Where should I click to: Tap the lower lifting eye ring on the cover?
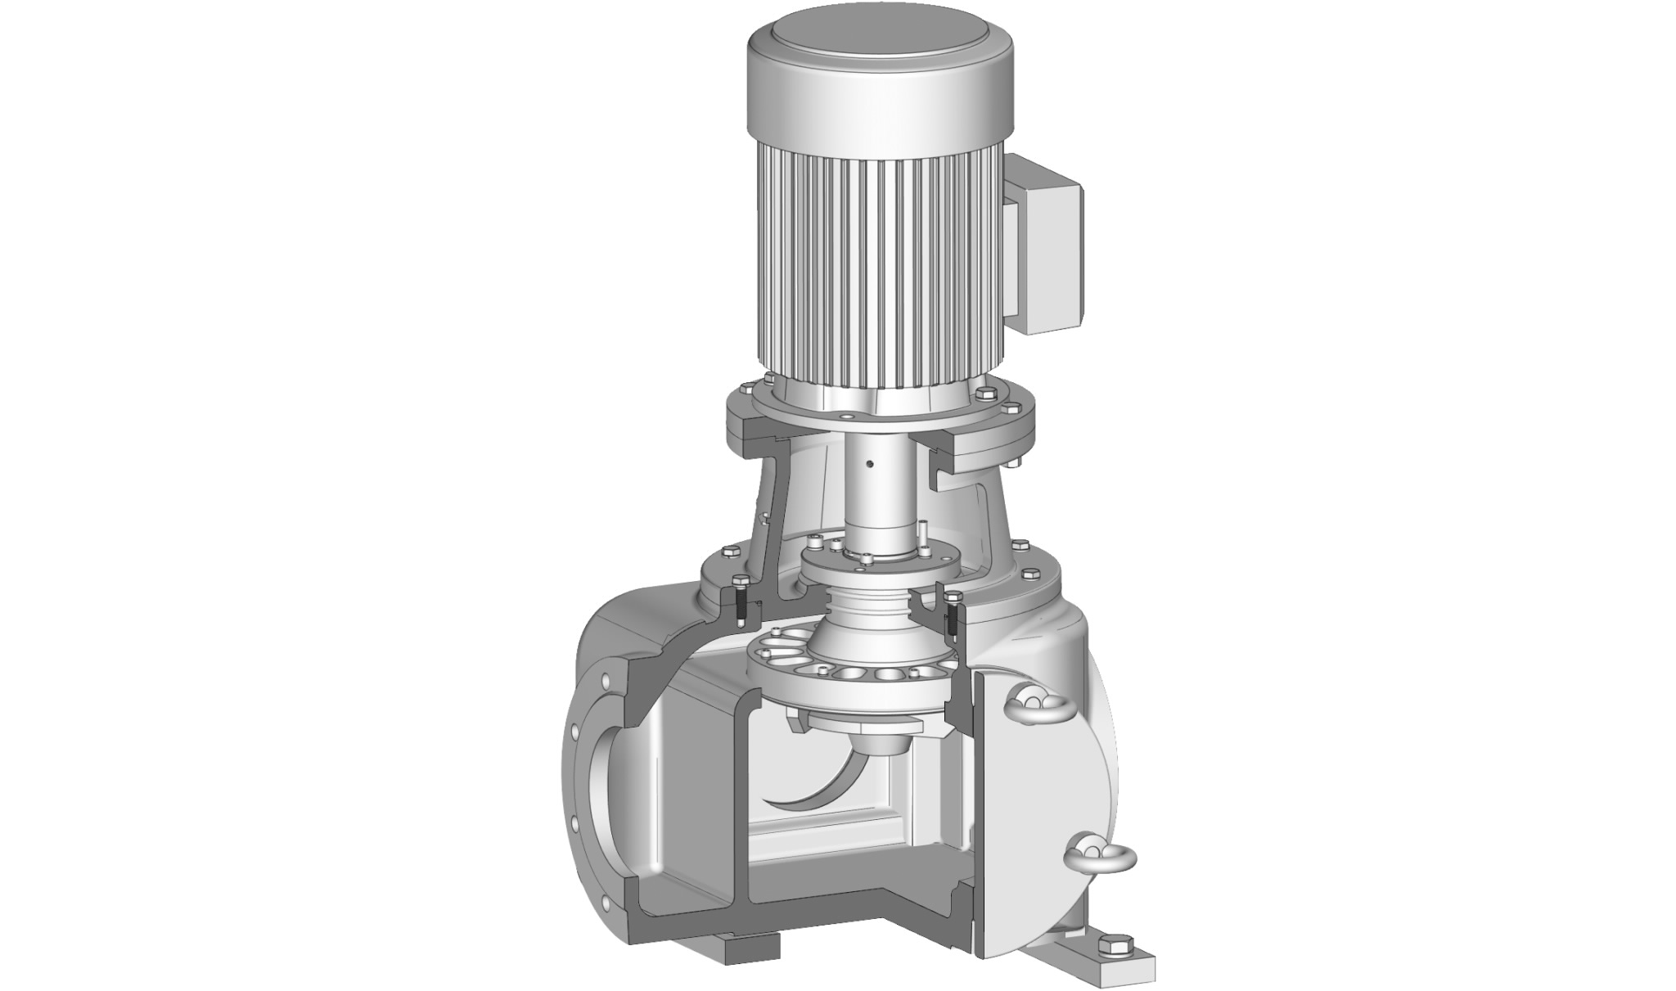1101,854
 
